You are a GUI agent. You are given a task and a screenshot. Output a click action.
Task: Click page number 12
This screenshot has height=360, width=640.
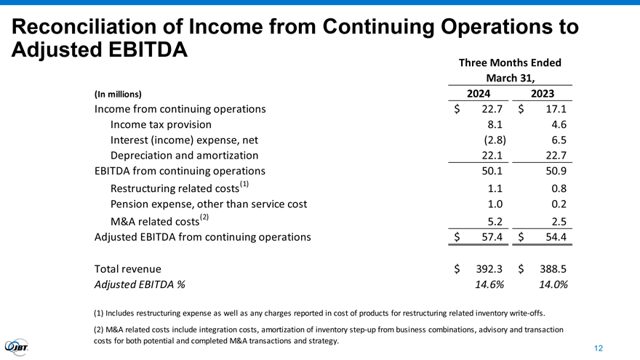(598, 348)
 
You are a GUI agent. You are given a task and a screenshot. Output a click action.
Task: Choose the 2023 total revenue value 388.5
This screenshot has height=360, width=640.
(551, 268)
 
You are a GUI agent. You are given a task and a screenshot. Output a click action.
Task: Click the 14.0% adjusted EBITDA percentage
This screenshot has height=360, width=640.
(552, 284)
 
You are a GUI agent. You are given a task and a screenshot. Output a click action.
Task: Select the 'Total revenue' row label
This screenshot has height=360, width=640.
(128, 268)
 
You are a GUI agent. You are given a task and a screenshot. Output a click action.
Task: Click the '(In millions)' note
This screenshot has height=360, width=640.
(118, 94)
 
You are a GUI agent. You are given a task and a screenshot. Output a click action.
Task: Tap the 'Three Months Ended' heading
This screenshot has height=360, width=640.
(511, 63)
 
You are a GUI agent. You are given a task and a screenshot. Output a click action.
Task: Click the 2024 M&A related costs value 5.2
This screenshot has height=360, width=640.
(496, 221)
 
